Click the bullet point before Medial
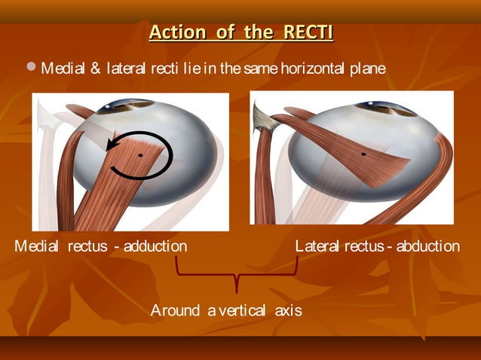[x=30, y=69]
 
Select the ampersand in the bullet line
[x=95, y=69]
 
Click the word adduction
[x=155, y=246]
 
